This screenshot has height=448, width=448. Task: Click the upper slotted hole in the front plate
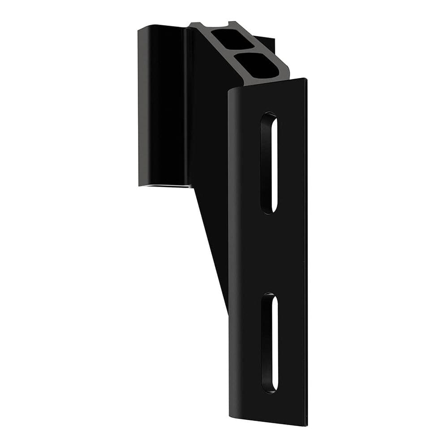point(269,163)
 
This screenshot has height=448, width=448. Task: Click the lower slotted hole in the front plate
point(270,343)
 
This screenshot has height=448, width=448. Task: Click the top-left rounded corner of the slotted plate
point(231,92)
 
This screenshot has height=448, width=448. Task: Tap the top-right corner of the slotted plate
point(306,79)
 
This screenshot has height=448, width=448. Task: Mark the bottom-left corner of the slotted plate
point(230,405)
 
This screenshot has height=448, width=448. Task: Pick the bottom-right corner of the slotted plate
point(306,424)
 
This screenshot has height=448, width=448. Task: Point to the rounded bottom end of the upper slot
point(269,211)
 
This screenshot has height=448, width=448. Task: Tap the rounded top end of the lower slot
point(269,296)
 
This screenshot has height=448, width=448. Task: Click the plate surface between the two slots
point(269,253)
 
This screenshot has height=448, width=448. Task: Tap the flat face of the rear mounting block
point(161,105)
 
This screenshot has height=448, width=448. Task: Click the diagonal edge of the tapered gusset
point(211,246)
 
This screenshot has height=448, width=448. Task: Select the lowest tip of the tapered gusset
point(228,311)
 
